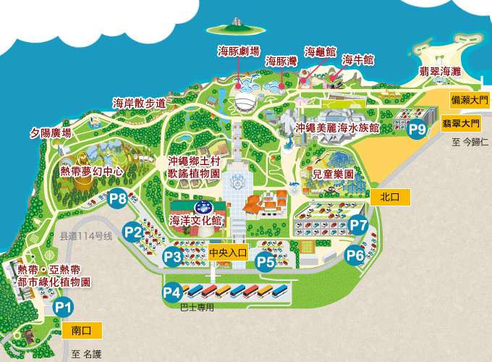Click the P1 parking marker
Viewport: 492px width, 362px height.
(x=64, y=307)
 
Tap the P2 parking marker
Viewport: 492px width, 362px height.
(x=133, y=232)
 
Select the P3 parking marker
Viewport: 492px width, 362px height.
(x=172, y=256)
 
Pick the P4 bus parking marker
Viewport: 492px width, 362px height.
(x=172, y=292)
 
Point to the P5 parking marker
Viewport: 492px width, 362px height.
(x=266, y=261)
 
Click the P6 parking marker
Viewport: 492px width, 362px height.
(x=355, y=254)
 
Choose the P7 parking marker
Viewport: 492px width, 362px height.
(x=359, y=225)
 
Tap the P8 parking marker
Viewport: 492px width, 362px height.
(x=118, y=198)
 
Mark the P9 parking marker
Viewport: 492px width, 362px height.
(x=417, y=130)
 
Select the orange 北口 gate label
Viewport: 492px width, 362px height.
(x=389, y=196)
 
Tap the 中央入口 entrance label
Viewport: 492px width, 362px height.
(x=228, y=253)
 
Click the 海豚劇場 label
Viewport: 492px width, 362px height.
(x=239, y=51)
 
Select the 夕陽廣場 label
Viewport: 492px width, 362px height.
(x=51, y=133)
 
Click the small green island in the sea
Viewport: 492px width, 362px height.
(x=234, y=29)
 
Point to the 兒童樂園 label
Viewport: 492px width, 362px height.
(x=333, y=174)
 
